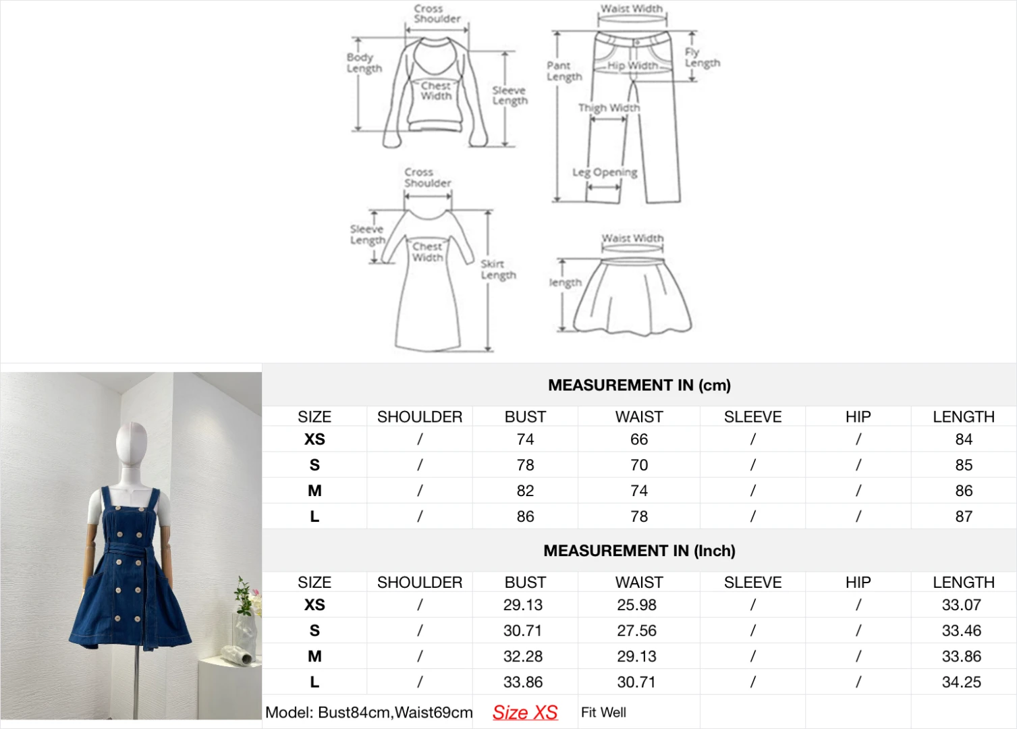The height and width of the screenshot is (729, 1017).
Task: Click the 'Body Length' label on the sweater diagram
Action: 364,63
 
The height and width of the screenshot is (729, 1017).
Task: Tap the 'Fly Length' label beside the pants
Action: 702,57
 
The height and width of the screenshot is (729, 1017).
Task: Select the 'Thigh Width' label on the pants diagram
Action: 609,107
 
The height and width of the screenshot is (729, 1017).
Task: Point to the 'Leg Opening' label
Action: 605,172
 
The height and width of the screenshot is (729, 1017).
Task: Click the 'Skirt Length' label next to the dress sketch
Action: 498,269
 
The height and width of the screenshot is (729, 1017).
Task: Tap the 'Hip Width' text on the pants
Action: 632,65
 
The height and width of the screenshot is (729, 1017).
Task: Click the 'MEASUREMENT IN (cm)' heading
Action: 639,385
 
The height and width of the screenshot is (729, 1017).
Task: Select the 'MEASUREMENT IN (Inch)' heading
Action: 639,551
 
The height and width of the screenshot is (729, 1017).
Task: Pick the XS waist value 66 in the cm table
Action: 639,439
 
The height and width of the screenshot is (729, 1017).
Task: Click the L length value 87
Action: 964,516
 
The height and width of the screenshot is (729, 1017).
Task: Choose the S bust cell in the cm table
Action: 525,465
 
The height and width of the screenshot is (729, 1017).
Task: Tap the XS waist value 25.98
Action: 636,605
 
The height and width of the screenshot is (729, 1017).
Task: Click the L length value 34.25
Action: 961,682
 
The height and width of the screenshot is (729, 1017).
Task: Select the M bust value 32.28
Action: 523,656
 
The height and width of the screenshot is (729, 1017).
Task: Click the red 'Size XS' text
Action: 525,712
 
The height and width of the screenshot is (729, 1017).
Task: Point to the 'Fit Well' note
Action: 603,712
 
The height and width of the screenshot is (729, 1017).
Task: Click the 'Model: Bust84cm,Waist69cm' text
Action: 368,712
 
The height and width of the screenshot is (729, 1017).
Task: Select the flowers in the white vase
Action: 245,598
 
